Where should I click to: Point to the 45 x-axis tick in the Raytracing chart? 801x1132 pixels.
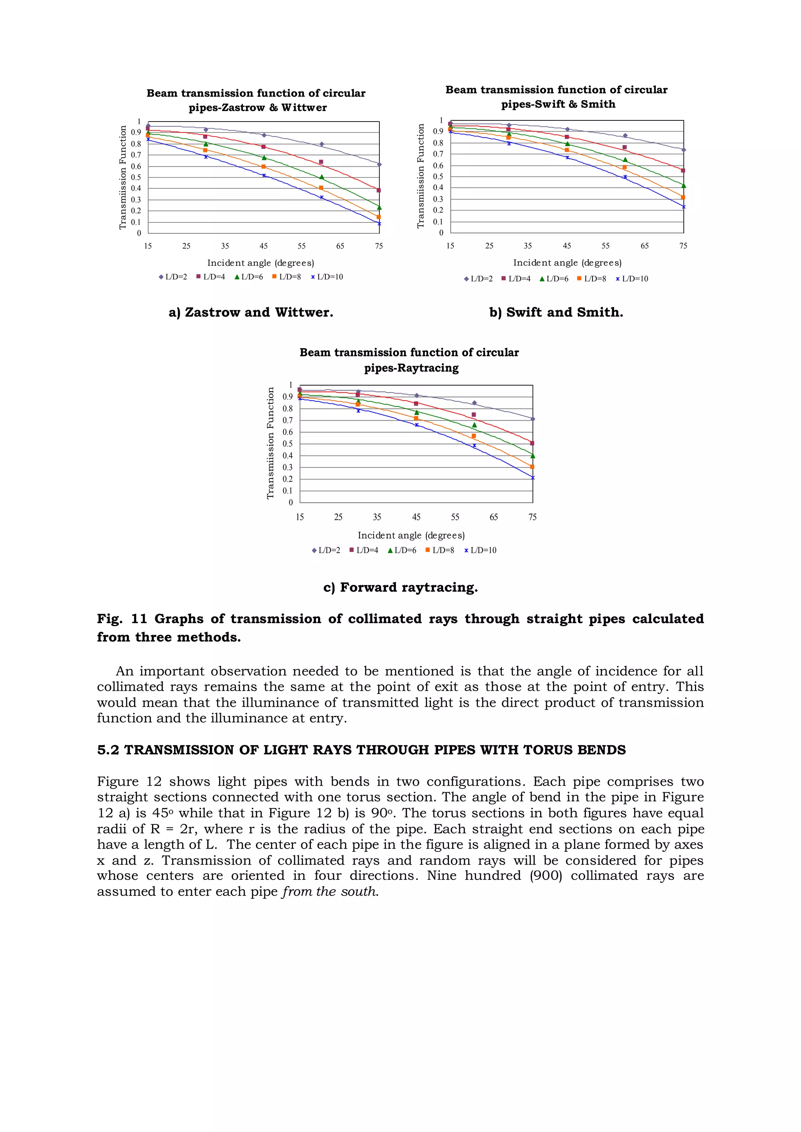(x=416, y=517)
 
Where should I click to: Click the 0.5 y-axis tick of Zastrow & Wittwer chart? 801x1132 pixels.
(x=136, y=177)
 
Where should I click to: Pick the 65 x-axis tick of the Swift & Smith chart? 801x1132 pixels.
(x=644, y=246)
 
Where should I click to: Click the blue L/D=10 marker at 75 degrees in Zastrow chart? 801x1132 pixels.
(x=379, y=223)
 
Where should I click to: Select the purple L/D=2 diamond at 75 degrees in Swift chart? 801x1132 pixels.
(x=683, y=150)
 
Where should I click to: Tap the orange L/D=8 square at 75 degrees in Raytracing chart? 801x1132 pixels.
(x=532, y=466)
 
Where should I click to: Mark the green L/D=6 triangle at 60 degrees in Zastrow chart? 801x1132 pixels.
(x=321, y=177)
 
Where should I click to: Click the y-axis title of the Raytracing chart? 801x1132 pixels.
(x=270, y=443)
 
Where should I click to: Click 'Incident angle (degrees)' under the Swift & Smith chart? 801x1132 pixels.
(x=567, y=263)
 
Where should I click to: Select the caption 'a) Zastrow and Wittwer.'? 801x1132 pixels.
(x=251, y=312)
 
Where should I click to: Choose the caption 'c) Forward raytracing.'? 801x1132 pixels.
(x=400, y=587)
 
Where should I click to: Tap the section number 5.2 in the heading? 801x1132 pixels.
(x=108, y=750)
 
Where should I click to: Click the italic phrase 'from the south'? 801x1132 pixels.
(x=329, y=891)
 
